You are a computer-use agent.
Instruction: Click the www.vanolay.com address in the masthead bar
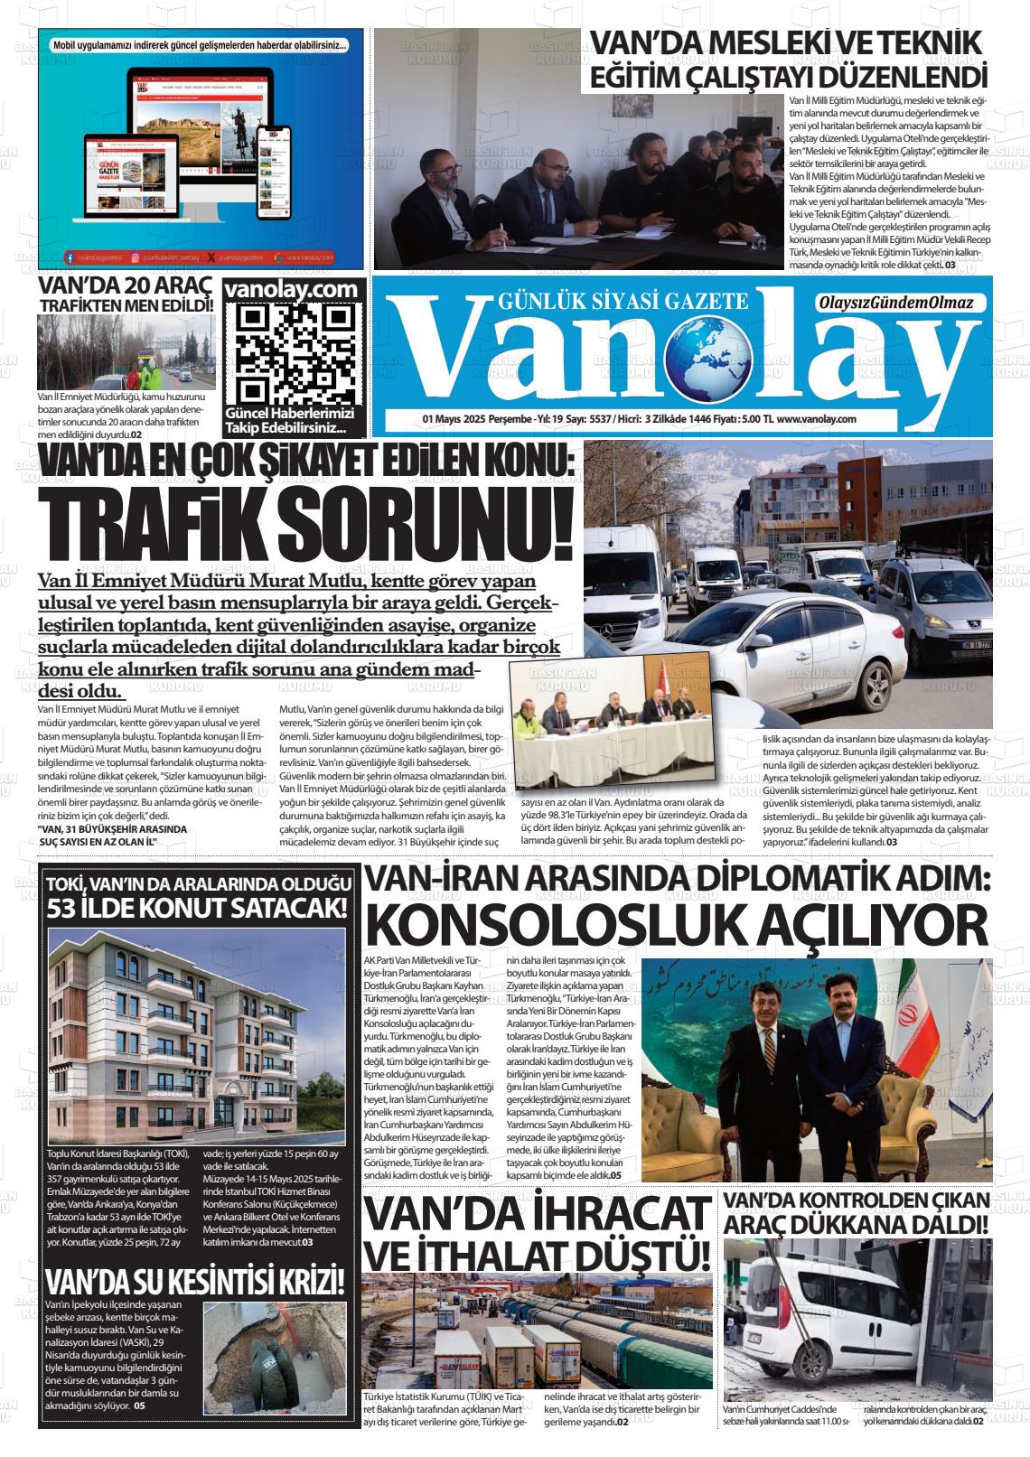click(x=815, y=418)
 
